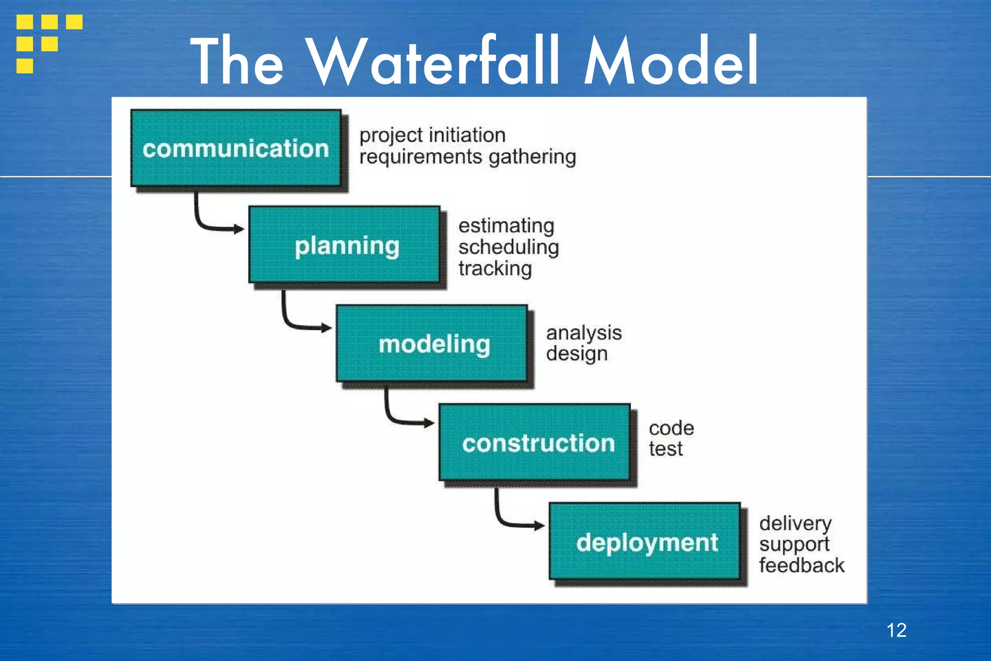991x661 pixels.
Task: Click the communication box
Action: tap(236, 148)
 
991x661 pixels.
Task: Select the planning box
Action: tap(345, 245)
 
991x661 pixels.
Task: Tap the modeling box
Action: tap(432, 344)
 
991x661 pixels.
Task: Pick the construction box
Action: tap(535, 443)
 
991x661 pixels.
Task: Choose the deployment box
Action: tap(645, 541)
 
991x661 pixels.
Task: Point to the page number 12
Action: tap(896, 630)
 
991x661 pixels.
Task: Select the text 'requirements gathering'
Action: tap(467, 157)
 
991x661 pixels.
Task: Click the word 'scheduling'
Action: tap(509, 247)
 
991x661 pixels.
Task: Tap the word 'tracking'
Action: tap(495, 269)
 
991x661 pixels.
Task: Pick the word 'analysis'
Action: tap(584, 333)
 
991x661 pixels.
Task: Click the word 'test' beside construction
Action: tap(665, 449)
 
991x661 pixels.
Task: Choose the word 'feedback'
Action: tap(801, 565)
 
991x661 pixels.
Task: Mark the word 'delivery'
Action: tap(795, 523)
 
